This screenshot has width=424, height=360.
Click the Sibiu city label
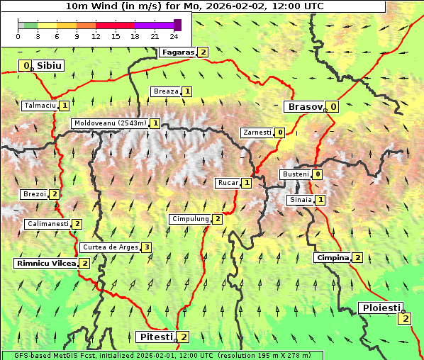50,66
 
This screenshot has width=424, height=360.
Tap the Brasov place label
304,107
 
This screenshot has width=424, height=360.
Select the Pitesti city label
155,337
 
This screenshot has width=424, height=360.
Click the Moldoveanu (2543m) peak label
110,123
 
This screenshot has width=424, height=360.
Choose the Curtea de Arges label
108,247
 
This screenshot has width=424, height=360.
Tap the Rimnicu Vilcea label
45,263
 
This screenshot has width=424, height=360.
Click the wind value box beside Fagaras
203,52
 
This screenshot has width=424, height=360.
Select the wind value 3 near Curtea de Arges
146,247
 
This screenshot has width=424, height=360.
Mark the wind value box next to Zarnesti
280,133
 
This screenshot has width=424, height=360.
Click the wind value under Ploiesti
405,319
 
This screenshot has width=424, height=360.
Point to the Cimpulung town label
190,219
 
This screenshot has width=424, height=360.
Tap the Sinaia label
300,200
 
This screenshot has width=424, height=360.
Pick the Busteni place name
295,174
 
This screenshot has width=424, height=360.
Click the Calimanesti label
48,224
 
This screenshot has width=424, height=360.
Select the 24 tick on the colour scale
174,36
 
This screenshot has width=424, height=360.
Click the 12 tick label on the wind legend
96,36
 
